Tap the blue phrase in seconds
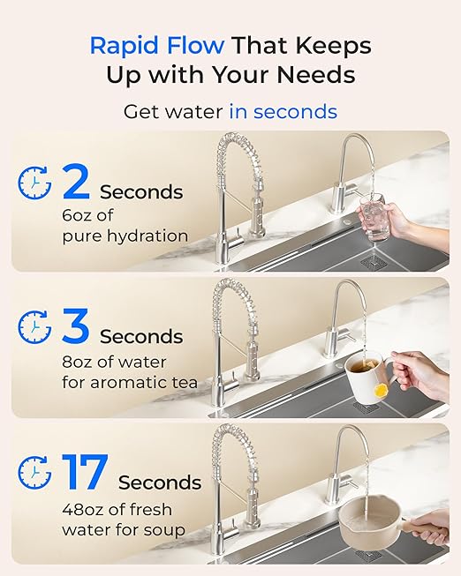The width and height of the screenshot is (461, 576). pos(283,112)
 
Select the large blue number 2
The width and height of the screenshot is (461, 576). pos(76,183)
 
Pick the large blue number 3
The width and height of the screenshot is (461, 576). pos(76,327)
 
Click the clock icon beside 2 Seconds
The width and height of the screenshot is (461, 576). pos(34,182)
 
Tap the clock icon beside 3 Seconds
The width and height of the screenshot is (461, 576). pos(34,327)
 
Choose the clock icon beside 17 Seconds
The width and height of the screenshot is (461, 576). pos(34,473)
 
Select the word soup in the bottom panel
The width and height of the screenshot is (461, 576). pos(166,530)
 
